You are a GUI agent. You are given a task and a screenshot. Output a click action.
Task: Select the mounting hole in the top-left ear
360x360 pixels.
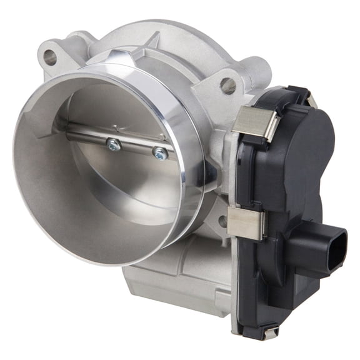[49, 58]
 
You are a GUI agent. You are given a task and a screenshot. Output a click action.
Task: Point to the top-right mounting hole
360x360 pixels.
[228, 85]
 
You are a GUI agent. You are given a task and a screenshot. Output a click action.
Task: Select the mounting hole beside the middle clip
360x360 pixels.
[222, 220]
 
